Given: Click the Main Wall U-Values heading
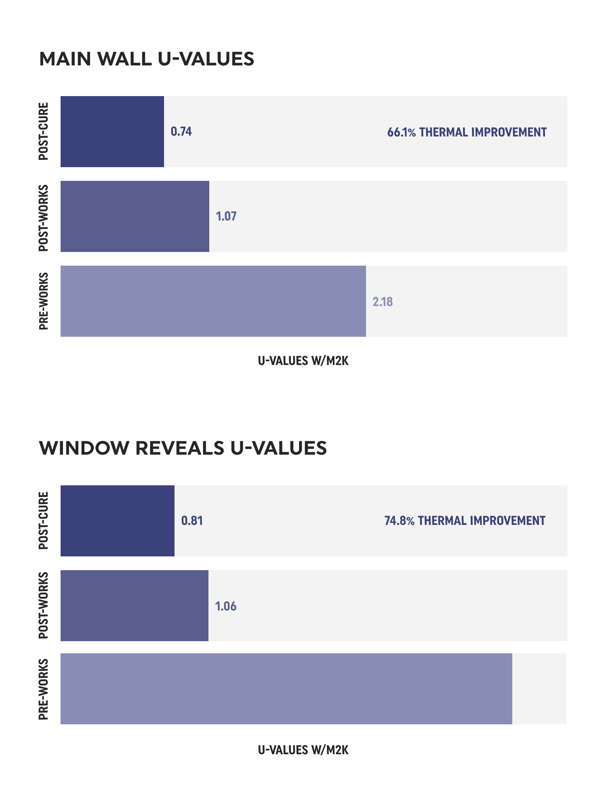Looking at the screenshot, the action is [147, 59].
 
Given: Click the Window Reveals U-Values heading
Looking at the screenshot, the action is [183, 448].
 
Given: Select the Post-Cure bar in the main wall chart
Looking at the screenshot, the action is [112, 132].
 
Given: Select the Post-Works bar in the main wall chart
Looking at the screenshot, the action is [135, 216].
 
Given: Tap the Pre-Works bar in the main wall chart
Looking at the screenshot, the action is [213, 301].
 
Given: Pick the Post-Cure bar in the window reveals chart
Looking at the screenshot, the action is [118, 521].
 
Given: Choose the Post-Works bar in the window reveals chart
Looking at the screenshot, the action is [135, 606].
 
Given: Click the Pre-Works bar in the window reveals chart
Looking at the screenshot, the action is [286, 689].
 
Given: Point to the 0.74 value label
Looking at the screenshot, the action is [181, 132].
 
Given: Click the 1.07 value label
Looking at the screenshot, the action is [226, 216].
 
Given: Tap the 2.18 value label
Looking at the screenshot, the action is [383, 302].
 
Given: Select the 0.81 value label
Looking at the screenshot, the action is [192, 521].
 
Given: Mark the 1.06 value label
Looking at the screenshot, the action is [226, 606].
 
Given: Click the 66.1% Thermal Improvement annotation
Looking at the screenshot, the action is [467, 132].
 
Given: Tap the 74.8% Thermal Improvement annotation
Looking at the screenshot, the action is [465, 521].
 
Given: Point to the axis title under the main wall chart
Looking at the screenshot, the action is [303, 361].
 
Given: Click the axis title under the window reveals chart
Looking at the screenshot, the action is [303, 750].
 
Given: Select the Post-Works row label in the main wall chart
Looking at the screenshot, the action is [44, 218].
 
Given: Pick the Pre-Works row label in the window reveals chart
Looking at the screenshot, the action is [44, 689].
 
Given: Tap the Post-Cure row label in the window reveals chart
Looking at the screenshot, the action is [44, 521].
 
